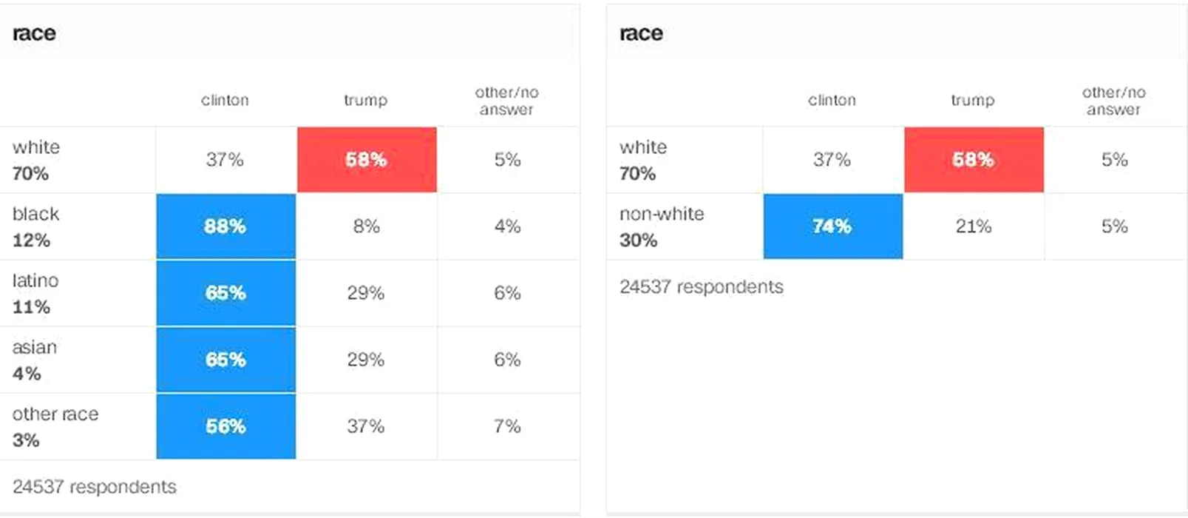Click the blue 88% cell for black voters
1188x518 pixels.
tap(225, 226)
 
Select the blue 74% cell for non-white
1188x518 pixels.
tap(832, 226)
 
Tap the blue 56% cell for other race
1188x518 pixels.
tap(225, 426)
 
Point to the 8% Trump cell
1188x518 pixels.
tap(366, 226)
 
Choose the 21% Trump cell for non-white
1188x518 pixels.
tap(973, 226)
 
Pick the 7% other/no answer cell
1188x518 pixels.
tap(508, 426)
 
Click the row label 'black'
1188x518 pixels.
tap(35, 214)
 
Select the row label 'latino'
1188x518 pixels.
tap(35, 280)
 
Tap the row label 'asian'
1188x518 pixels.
tap(35, 347)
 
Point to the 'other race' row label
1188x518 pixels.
tap(55, 414)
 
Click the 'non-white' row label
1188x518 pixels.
tap(662, 214)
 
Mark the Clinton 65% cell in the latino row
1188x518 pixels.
tap(225, 293)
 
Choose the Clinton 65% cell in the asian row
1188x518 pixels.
tap(225, 360)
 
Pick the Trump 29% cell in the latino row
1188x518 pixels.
tap(366, 293)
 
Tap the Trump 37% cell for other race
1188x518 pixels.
tap(366, 426)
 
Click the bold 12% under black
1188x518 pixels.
tap(31, 240)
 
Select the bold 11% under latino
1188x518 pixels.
tap(31, 307)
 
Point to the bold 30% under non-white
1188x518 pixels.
tap(638, 240)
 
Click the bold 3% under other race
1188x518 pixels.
tap(26, 440)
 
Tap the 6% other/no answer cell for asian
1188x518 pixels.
tap(508, 360)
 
